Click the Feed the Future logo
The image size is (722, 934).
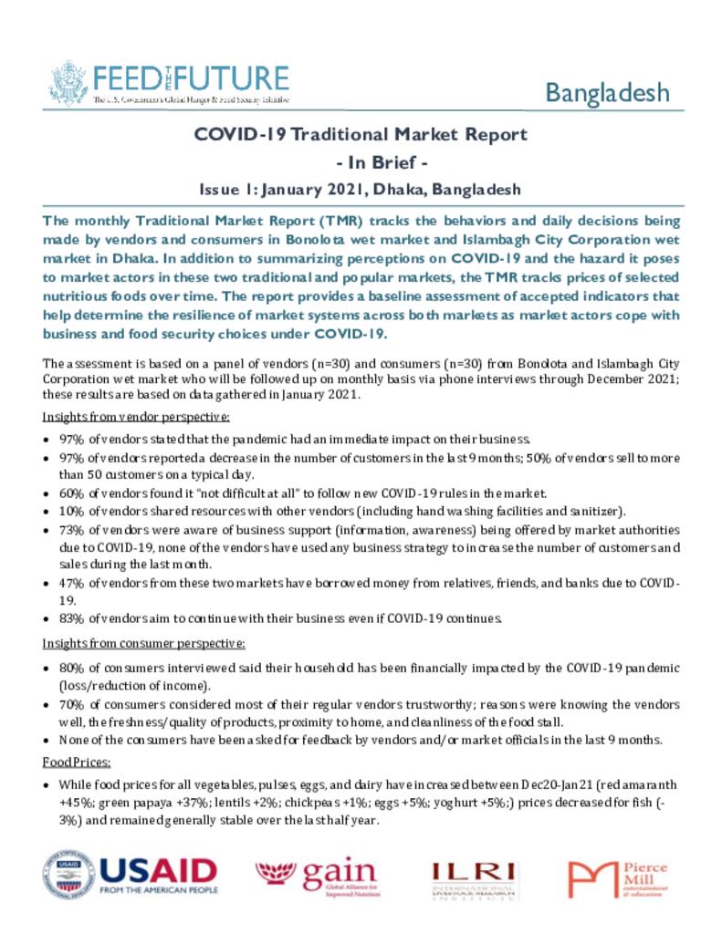169,83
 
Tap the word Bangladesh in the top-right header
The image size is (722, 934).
607,92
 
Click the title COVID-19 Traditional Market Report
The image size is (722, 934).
361,135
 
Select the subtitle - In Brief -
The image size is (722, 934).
361,162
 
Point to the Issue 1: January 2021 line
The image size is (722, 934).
361,190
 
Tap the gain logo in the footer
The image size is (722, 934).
316,877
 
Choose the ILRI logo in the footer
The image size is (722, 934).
474,878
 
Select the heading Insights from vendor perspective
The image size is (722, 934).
136,417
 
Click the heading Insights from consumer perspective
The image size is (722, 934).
143,644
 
